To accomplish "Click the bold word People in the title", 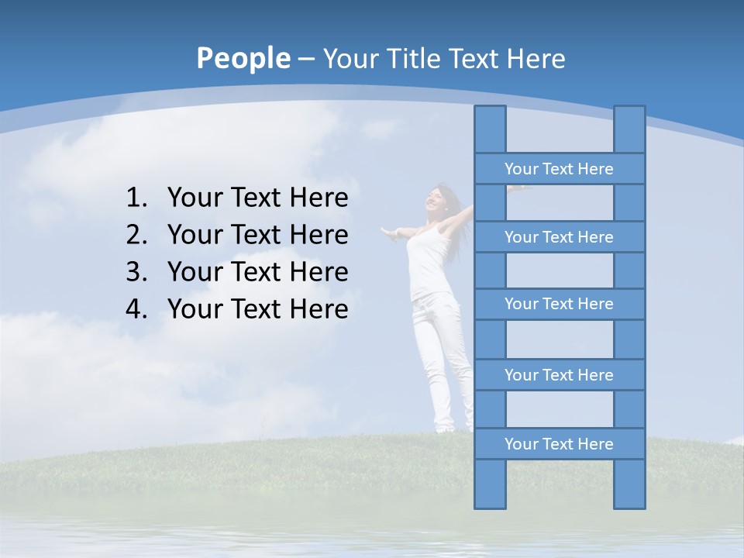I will coord(243,58).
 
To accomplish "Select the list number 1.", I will coord(136,198).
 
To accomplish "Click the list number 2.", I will coord(136,235).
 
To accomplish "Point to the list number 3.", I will coord(136,272).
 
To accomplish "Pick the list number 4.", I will coord(136,309).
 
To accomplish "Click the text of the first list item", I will coord(257,198).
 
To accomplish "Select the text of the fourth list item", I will coord(257,309).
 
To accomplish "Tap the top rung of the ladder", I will coord(559,169).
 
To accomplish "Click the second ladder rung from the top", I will coord(559,237).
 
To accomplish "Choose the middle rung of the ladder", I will coord(559,304).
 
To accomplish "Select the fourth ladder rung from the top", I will coord(559,375).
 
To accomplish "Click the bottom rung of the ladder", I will coord(559,444).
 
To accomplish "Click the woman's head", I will coord(439,198).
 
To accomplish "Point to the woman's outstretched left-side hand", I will coord(388,231).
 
